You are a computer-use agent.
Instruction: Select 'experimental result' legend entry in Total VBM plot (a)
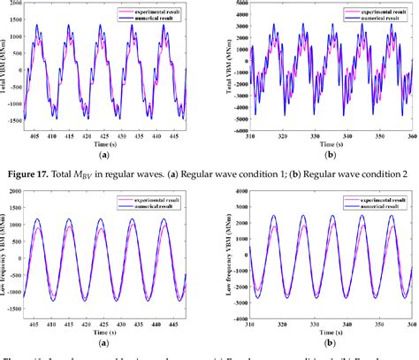point(154,6)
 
